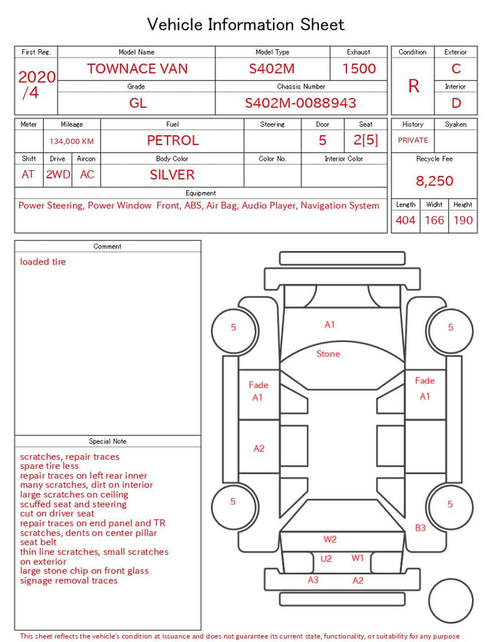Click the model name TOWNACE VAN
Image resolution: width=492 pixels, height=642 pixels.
point(137,68)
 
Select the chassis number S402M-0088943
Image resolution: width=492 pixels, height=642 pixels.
point(301,103)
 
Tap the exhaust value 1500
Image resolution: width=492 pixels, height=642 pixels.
point(359,68)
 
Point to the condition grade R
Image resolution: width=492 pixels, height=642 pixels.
point(414,86)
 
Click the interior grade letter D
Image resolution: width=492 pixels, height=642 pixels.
point(456,103)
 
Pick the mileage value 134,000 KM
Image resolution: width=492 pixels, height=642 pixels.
point(71,141)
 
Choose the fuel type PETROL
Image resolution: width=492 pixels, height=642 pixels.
point(173,141)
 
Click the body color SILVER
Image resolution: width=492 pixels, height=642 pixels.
point(172,175)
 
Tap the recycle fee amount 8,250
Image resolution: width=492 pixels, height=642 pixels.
point(434,181)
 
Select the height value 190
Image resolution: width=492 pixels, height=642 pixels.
point(463,220)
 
